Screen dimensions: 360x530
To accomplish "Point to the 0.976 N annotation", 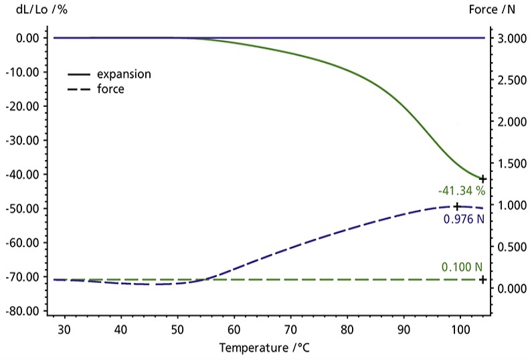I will pos(463,219).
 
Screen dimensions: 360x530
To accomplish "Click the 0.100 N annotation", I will pos(462,267).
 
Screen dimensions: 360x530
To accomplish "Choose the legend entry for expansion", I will pos(123,74).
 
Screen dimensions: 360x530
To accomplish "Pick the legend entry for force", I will pos(110,88).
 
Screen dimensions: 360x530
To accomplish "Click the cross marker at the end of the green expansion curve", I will pos(482,179).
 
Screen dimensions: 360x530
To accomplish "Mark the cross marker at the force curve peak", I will pos(457,207).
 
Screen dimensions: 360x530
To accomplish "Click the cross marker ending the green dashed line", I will pos(482,279).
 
